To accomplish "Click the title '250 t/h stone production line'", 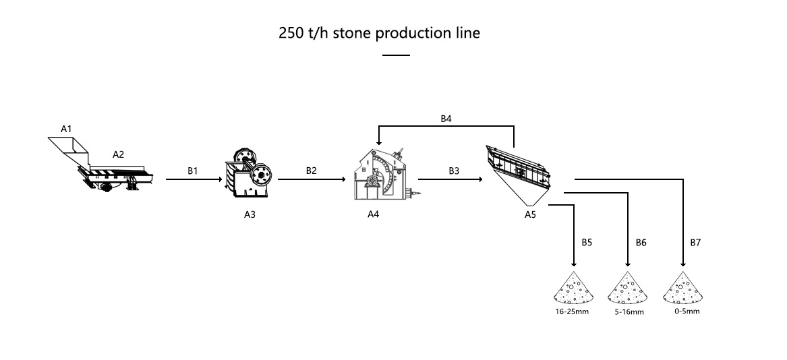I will point(379,33).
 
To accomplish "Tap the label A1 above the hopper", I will point(66,128).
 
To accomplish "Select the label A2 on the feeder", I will point(118,154).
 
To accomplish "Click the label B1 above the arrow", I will point(192,171).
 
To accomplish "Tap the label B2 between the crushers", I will point(311,171).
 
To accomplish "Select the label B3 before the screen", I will point(455,171).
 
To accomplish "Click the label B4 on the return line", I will point(446,119).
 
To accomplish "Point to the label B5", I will point(586,241).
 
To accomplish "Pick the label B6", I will point(641,241).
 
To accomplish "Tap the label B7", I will point(695,241).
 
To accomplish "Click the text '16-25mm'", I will point(573,312).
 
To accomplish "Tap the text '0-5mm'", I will point(687,311).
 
